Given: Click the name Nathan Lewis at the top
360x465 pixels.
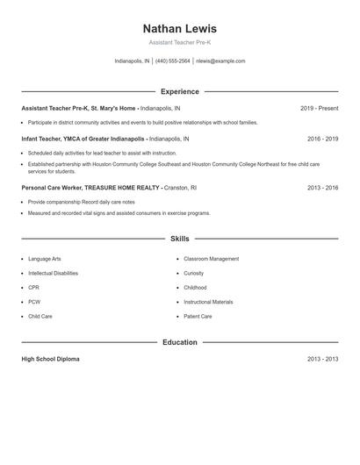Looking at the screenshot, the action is tap(179, 29).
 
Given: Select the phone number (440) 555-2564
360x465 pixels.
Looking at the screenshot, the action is tap(173, 61).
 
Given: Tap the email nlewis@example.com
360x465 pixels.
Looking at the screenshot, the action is tap(220, 61).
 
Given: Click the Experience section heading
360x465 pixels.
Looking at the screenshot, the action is tap(179, 91).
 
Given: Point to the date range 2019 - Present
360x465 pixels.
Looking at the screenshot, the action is tap(319, 109).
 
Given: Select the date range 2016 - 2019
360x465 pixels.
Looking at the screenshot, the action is tap(322, 139).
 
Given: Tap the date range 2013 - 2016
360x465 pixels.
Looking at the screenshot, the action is tap(322, 188).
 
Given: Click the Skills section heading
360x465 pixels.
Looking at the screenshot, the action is tap(179, 239).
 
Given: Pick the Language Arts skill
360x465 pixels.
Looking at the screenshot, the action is tap(45, 259).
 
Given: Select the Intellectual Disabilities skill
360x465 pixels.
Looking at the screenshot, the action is tap(53, 273).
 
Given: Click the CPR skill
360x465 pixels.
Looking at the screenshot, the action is tap(33, 288).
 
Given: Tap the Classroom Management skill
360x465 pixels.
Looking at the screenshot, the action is tap(211, 259).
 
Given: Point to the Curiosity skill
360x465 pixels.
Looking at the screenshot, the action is tap(193, 273).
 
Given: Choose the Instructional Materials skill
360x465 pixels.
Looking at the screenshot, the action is tap(208, 302).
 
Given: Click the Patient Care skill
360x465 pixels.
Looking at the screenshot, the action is tap(198, 316).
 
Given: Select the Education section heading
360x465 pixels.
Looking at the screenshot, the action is tap(179, 342).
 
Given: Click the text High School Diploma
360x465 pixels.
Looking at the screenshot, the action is tap(50, 359).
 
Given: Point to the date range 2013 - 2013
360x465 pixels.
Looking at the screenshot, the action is tap(322, 359).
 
